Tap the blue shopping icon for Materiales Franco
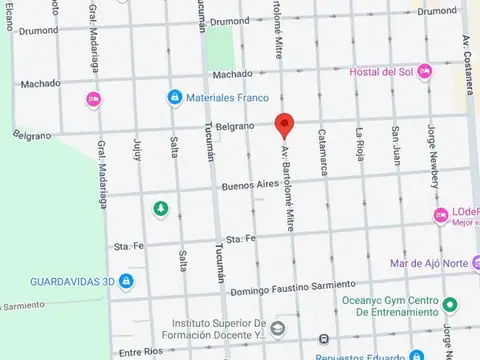click(174, 97)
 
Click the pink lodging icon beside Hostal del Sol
click(424, 71)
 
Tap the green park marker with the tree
click(160, 208)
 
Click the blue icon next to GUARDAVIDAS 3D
click(126, 281)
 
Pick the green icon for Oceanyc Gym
click(449, 303)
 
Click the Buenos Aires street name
click(248, 186)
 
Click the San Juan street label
click(397, 144)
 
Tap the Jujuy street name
click(136, 150)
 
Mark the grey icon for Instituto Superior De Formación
click(278, 328)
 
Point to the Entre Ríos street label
click(140, 352)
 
